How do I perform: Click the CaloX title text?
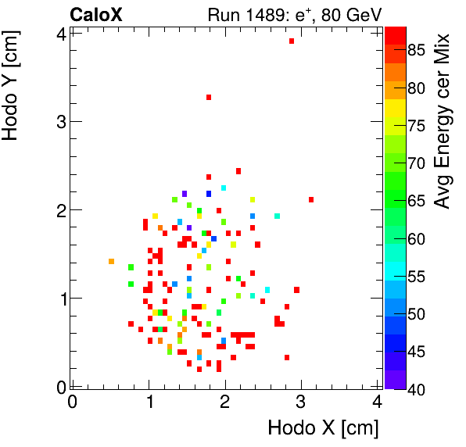(x=95, y=15)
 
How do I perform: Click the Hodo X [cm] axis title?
(x=323, y=428)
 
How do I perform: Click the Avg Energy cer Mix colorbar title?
(x=443, y=120)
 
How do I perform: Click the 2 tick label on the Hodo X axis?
(x=225, y=402)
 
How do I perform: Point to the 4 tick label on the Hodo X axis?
(x=378, y=402)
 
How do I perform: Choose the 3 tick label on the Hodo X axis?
(x=302, y=402)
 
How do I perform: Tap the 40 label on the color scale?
(x=415, y=389)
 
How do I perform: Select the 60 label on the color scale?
(x=415, y=239)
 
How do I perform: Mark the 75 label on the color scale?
(x=415, y=126)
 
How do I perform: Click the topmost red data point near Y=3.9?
(x=292, y=41)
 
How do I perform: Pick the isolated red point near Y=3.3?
(x=209, y=97)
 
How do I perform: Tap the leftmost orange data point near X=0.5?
(x=111, y=261)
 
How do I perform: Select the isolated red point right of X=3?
(x=311, y=199)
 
